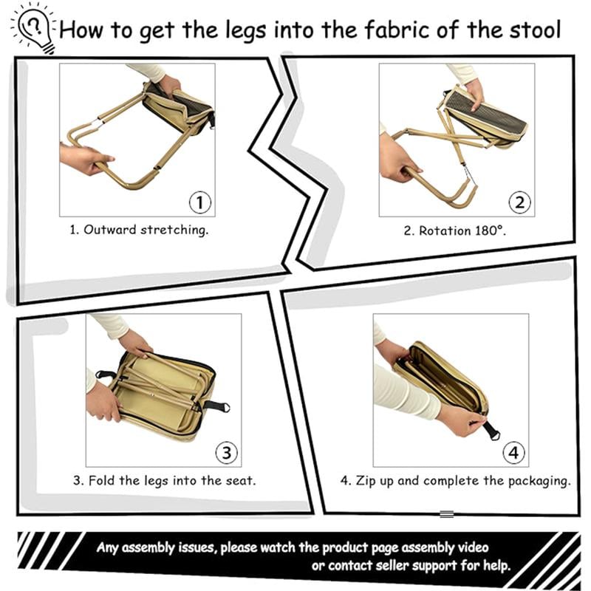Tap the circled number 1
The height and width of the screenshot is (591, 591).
pos(199,202)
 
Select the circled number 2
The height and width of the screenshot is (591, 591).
pos(519,202)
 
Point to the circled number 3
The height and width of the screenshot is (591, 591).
pos(225,451)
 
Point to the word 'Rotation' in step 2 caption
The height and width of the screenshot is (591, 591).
pos(443,230)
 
